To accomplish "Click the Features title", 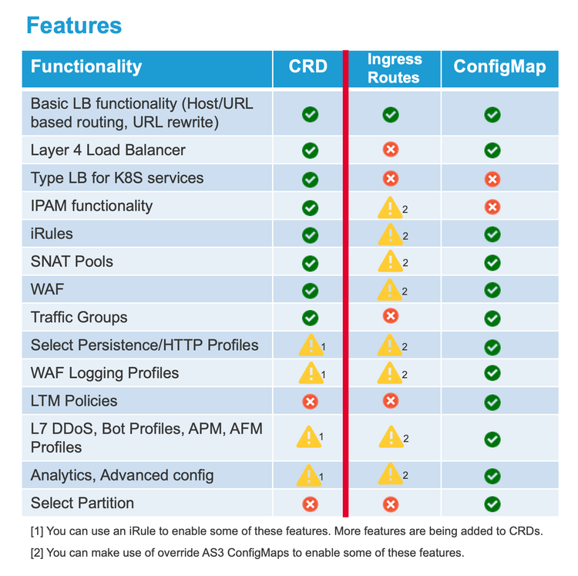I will pos(74,25).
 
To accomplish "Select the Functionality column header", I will pos(86,66).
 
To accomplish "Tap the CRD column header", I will pos(308,66).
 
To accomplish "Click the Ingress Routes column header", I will pos(394,68).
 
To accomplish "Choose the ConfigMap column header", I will pos(499,66).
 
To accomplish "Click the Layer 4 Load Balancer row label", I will pos(108,150).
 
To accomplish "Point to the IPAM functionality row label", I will pos(92,206).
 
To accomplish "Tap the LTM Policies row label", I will pos(74,401).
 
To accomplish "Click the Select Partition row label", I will pos(82,504).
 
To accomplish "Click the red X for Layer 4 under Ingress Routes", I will pos(391,150).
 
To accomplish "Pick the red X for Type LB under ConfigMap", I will pos(492,179).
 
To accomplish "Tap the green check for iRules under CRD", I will pos(310,234).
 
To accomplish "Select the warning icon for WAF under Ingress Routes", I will pos(391,290).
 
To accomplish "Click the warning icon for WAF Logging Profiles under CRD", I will pos(310,373).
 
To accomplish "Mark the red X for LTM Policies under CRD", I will pos(310,401).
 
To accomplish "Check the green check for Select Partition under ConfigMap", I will pos(492,504).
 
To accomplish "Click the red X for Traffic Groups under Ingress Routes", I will pos(391,315).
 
